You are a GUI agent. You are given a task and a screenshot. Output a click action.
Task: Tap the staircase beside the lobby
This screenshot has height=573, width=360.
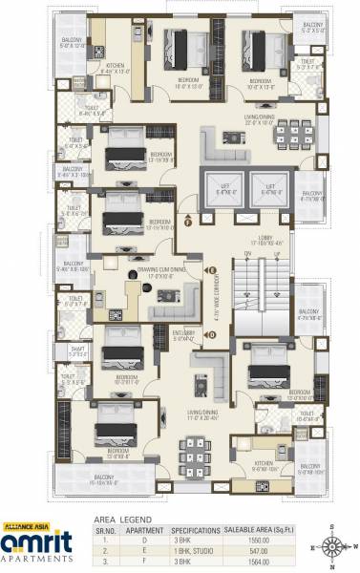coord(262,297)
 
